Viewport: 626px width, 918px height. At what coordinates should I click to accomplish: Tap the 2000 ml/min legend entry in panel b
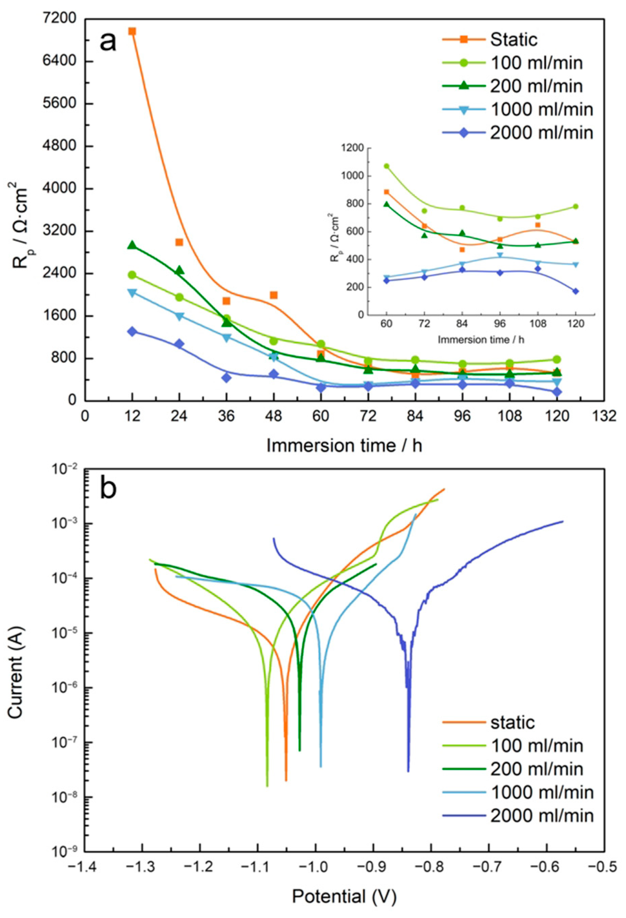[x=542, y=815]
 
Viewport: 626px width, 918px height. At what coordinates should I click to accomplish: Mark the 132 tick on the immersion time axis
[x=604, y=416]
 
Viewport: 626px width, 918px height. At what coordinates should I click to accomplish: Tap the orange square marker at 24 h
[x=179, y=242]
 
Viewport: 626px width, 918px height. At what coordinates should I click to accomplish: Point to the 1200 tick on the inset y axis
[x=354, y=148]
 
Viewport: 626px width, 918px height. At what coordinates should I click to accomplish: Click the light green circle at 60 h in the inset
[x=386, y=166]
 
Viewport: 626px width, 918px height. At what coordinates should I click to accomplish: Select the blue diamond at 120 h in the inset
[x=575, y=291]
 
